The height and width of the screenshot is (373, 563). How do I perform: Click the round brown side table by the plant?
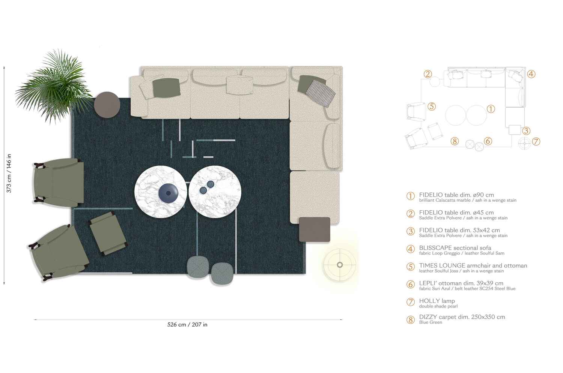tap(107, 105)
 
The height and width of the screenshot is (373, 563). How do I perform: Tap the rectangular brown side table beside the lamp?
tap(315, 229)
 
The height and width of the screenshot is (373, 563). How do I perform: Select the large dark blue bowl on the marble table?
tap(168, 193)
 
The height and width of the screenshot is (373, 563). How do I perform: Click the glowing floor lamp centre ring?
tap(340, 265)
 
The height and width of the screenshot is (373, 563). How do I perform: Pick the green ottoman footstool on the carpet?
tap(107, 233)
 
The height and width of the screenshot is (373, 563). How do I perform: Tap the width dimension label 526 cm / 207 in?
tap(187, 325)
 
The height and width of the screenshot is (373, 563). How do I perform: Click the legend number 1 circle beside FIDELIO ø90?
tap(411, 196)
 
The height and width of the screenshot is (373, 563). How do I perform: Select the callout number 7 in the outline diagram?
tap(536, 141)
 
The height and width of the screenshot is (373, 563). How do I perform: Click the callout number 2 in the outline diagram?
tap(428, 74)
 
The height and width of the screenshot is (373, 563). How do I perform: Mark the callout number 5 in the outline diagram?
tap(432, 106)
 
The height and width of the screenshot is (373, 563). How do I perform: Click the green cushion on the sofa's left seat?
tap(166, 87)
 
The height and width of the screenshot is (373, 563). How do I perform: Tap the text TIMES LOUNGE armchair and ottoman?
tap(473, 265)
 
